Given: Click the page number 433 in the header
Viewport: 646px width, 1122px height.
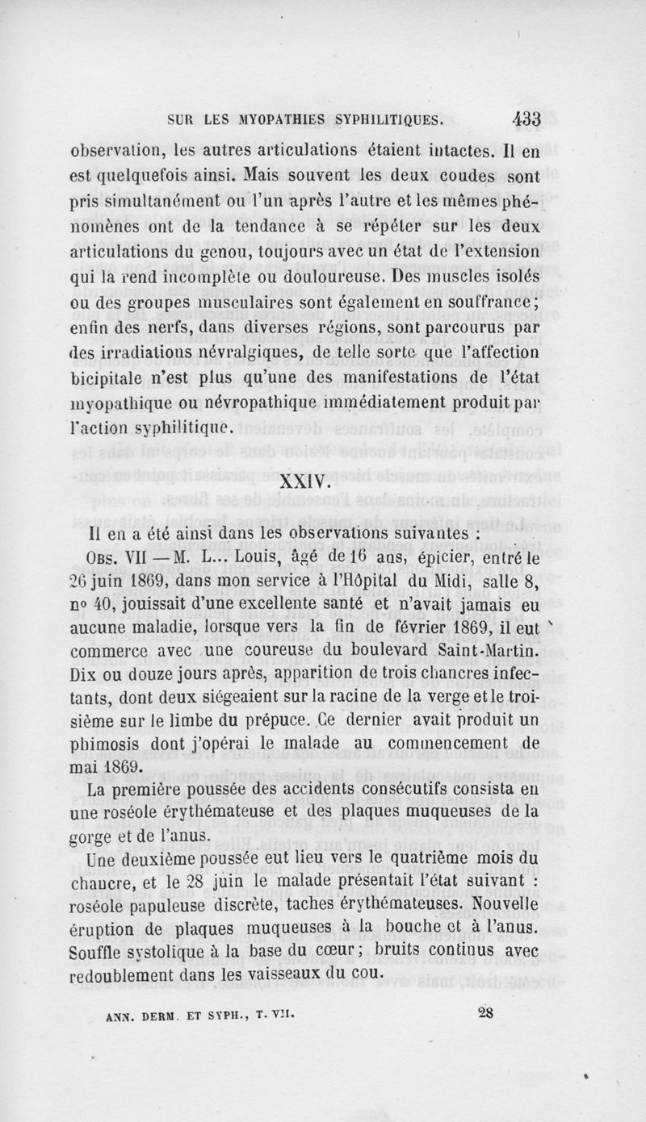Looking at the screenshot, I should (x=526, y=119).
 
